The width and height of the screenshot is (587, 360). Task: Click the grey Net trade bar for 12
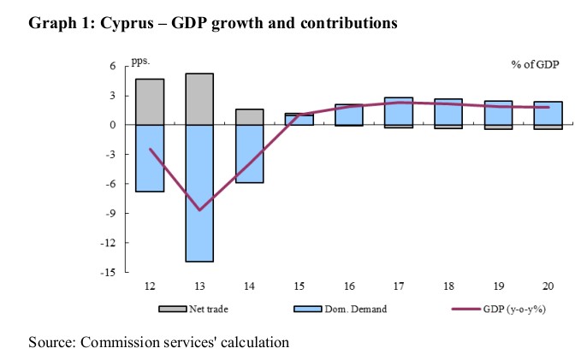[151, 102]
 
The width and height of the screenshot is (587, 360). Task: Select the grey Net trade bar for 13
[199, 99]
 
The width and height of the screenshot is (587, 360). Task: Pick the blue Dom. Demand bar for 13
[199, 192]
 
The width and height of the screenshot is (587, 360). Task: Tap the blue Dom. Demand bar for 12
[151, 158]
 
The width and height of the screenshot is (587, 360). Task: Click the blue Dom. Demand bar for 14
[248, 154]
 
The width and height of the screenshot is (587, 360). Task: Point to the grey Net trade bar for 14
[248, 117]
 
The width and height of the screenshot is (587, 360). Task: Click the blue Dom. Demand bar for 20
[547, 114]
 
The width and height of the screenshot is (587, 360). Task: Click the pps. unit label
[139, 62]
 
